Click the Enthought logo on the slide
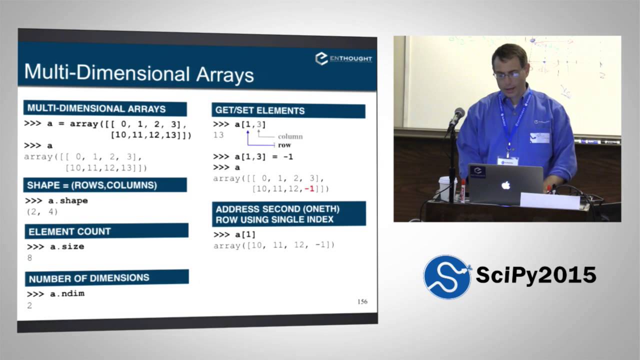pyautogui.click(x=343, y=58)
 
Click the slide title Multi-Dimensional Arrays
pyautogui.click(x=139, y=73)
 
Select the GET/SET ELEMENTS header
pyautogui.click(x=288, y=110)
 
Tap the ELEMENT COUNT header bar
pyautogui.click(x=106, y=231)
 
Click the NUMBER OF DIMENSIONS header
pyautogui.click(x=107, y=277)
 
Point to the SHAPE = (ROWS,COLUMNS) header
pyautogui.click(x=105, y=185)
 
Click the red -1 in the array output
pyautogui.click(x=309, y=189)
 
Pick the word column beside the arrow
pyautogui.click(x=290, y=136)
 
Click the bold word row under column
pyautogui.click(x=284, y=145)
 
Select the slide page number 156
pyautogui.click(x=362, y=301)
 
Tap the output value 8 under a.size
pyautogui.click(x=29, y=257)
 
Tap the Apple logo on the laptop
pyautogui.click(x=505, y=185)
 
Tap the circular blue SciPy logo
pyautogui.click(x=447, y=277)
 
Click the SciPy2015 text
pyautogui.click(x=536, y=275)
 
